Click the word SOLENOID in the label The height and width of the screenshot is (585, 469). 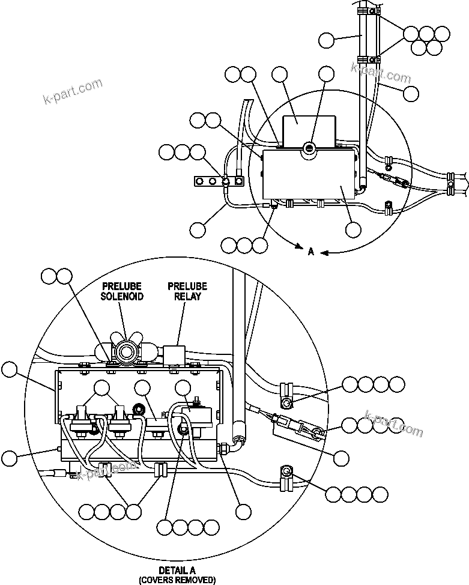(122, 296)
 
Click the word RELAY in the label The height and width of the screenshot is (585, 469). (187, 296)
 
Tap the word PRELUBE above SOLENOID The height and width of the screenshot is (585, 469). (122, 286)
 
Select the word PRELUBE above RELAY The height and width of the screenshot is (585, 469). (187, 286)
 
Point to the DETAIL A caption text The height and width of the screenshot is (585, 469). (177, 570)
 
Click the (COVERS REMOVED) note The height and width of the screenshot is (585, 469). (177, 580)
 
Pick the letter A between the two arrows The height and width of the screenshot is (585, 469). (311, 252)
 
